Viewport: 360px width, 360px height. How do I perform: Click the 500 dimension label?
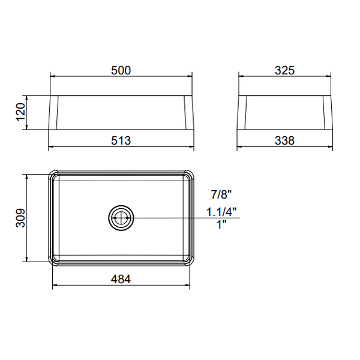click(121, 70)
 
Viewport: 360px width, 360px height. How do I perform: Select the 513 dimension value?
click(121, 140)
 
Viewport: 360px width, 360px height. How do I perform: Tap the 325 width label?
click(284, 70)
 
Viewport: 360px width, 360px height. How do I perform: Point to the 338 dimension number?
click(284, 140)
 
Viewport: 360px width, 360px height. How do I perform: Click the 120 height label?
click(20, 112)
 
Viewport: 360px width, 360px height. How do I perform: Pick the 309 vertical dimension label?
click(20, 218)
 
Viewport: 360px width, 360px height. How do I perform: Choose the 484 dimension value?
click(121, 279)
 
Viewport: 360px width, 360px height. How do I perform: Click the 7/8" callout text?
click(221, 194)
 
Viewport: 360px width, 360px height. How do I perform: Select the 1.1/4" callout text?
click(221, 212)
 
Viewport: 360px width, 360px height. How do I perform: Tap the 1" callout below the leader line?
click(221, 224)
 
